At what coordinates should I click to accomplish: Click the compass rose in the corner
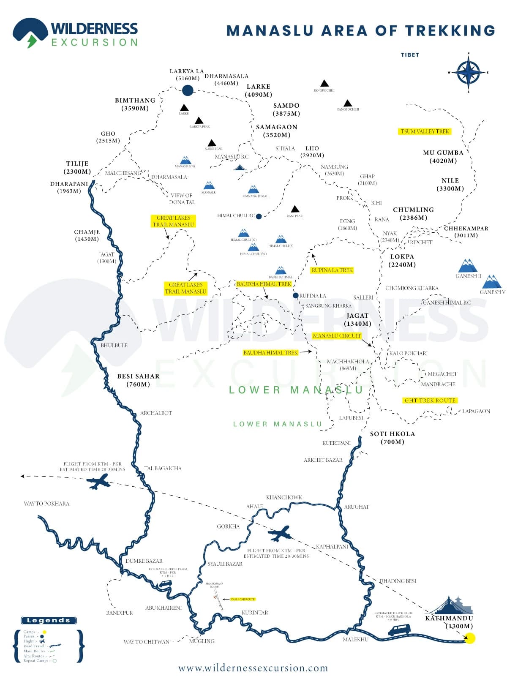click(x=468, y=72)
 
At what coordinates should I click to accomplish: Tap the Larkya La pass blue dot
click(x=188, y=90)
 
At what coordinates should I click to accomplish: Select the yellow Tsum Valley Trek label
click(x=425, y=131)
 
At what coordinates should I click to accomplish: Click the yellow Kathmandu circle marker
click(x=469, y=638)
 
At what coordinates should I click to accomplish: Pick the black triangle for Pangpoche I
click(x=324, y=83)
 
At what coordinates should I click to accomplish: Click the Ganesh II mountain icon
click(x=468, y=266)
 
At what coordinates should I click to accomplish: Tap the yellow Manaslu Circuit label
click(x=337, y=336)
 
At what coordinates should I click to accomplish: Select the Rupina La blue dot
click(x=296, y=296)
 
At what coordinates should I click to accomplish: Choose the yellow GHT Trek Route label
click(x=430, y=401)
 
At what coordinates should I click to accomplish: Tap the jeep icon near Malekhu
click(x=399, y=630)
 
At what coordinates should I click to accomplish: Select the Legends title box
click(x=49, y=620)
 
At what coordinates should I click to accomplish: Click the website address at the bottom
click(x=253, y=668)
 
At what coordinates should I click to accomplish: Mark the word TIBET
click(x=410, y=55)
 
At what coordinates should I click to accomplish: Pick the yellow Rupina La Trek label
click(x=332, y=270)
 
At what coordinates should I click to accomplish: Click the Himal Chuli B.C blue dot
click(x=259, y=216)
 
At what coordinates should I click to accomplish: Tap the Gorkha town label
click(x=228, y=526)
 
